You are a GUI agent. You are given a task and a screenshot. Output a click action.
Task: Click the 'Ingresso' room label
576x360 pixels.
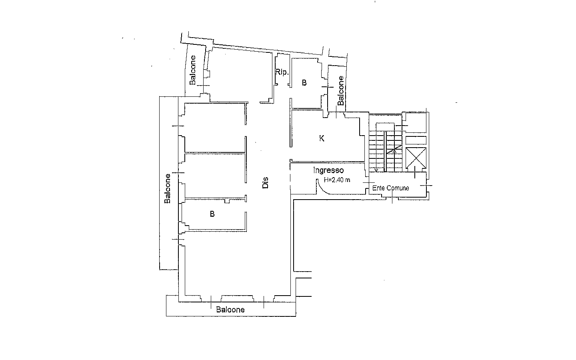(328, 170)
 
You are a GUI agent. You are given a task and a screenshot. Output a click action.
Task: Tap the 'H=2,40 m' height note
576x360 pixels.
(337, 180)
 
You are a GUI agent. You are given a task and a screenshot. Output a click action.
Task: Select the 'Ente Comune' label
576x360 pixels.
(390, 188)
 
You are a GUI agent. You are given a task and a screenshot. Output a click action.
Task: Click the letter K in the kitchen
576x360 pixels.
(322, 138)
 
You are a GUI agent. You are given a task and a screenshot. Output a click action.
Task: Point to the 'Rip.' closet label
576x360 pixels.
(282, 72)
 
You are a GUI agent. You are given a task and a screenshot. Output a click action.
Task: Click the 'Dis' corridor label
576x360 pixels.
(265, 182)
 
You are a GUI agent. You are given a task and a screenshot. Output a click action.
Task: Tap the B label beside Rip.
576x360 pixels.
(304, 83)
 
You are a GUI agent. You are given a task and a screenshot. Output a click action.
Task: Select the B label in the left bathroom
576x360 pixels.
(212, 214)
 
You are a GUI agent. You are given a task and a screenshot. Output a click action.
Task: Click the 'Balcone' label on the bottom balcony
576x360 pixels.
(230, 310)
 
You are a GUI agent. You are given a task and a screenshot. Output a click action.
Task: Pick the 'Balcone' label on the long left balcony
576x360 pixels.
(167, 188)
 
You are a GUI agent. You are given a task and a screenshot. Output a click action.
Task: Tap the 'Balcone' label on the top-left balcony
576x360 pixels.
(192, 70)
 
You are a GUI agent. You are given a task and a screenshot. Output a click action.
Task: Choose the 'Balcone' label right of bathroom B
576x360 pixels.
(341, 90)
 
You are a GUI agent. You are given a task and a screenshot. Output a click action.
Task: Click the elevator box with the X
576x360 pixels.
(416, 158)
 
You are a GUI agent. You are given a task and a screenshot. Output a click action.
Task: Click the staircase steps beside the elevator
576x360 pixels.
(386, 151)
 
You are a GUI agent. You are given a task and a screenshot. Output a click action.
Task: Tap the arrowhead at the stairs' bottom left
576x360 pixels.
(376, 170)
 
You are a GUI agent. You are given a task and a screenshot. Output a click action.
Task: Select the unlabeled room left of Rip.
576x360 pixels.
(240, 76)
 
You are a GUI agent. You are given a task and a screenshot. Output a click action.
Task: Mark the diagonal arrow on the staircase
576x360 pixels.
(394, 150)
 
